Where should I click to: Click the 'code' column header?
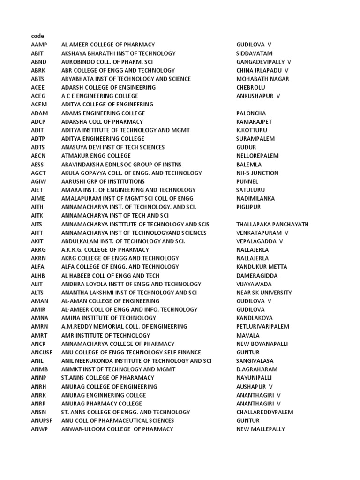tap(37, 36)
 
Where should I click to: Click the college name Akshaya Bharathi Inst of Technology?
tap(118, 53)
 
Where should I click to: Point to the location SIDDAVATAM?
tap(254, 53)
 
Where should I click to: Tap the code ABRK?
tap(38, 70)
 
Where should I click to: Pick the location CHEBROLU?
tap(250, 87)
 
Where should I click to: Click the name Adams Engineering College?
tap(103, 113)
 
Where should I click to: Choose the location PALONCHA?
tap(251, 113)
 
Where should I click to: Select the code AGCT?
tap(39, 173)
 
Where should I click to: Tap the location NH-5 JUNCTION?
tap(257, 173)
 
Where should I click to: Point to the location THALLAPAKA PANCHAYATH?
tap(272, 224)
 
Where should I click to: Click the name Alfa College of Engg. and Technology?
tap(120, 267)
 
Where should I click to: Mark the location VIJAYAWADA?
tap(254, 284)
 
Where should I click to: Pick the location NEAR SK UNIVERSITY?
tap(263, 292)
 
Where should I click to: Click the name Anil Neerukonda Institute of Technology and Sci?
tap(136, 361)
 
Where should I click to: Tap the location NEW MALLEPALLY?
tap(260, 429)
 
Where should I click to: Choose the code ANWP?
tap(39, 429)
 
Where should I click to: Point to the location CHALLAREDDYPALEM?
tap(264, 412)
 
